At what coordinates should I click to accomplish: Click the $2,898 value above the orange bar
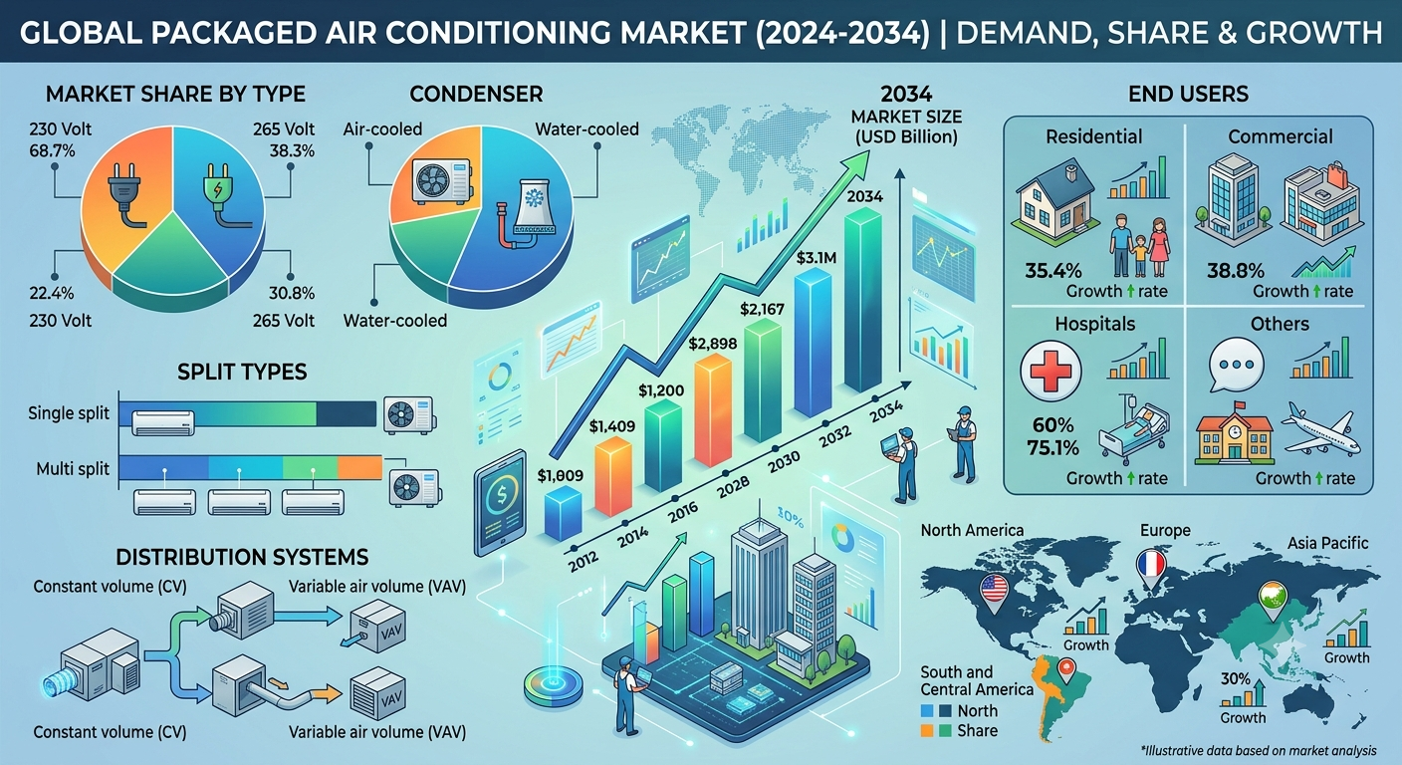tap(712, 343)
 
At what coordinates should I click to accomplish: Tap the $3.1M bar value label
tap(816, 257)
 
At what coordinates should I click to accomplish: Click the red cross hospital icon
tap(1051, 371)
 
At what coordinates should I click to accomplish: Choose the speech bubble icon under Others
tap(1236, 365)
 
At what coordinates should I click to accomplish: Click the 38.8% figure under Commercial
tap(1235, 271)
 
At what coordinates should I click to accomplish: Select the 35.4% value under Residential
tap(1053, 271)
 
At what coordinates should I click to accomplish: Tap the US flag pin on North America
tap(994, 593)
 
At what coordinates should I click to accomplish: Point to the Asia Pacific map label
tap(1327, 543)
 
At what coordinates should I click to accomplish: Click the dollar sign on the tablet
tap(501, 494)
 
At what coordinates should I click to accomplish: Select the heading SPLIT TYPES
tap(242, 372)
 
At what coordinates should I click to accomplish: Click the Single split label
tap(69, 413)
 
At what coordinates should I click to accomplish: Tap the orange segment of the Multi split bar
tap(359, 467)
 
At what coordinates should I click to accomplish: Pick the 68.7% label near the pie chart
tap(52, 150)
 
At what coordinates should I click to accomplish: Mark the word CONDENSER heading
tap(476, 94)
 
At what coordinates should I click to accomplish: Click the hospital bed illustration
tap(1133, 429)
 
